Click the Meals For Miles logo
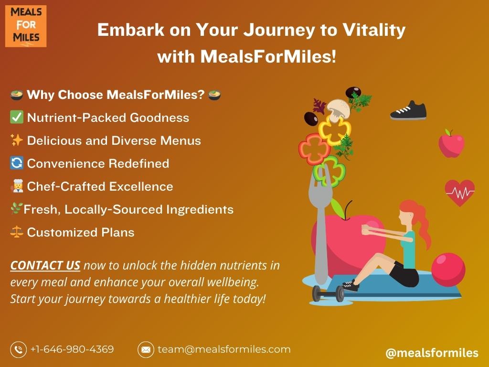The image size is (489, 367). [26, 26]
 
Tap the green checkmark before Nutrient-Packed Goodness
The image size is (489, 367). [17, 118]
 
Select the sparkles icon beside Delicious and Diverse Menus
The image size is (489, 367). [17, 140]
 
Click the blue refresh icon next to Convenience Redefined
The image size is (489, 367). [17, 163]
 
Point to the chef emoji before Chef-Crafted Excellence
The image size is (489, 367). [17, 186]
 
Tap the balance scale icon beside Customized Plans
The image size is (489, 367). [17, 232]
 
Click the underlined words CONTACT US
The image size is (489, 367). [45, 265]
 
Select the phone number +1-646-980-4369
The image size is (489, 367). [72, 349]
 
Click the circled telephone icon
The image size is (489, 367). [19, 349]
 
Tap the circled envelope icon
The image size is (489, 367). [146, 349]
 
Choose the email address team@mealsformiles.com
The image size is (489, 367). [224, 349]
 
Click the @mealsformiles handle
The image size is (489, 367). [432, 353]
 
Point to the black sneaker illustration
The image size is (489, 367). [408, 110]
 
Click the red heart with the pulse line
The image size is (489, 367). [460, 193]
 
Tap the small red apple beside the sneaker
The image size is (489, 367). [451, 144]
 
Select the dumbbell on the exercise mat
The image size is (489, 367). [329, 293]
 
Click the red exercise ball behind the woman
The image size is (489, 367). [448, 270]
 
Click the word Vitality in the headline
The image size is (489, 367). [374, 30]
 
